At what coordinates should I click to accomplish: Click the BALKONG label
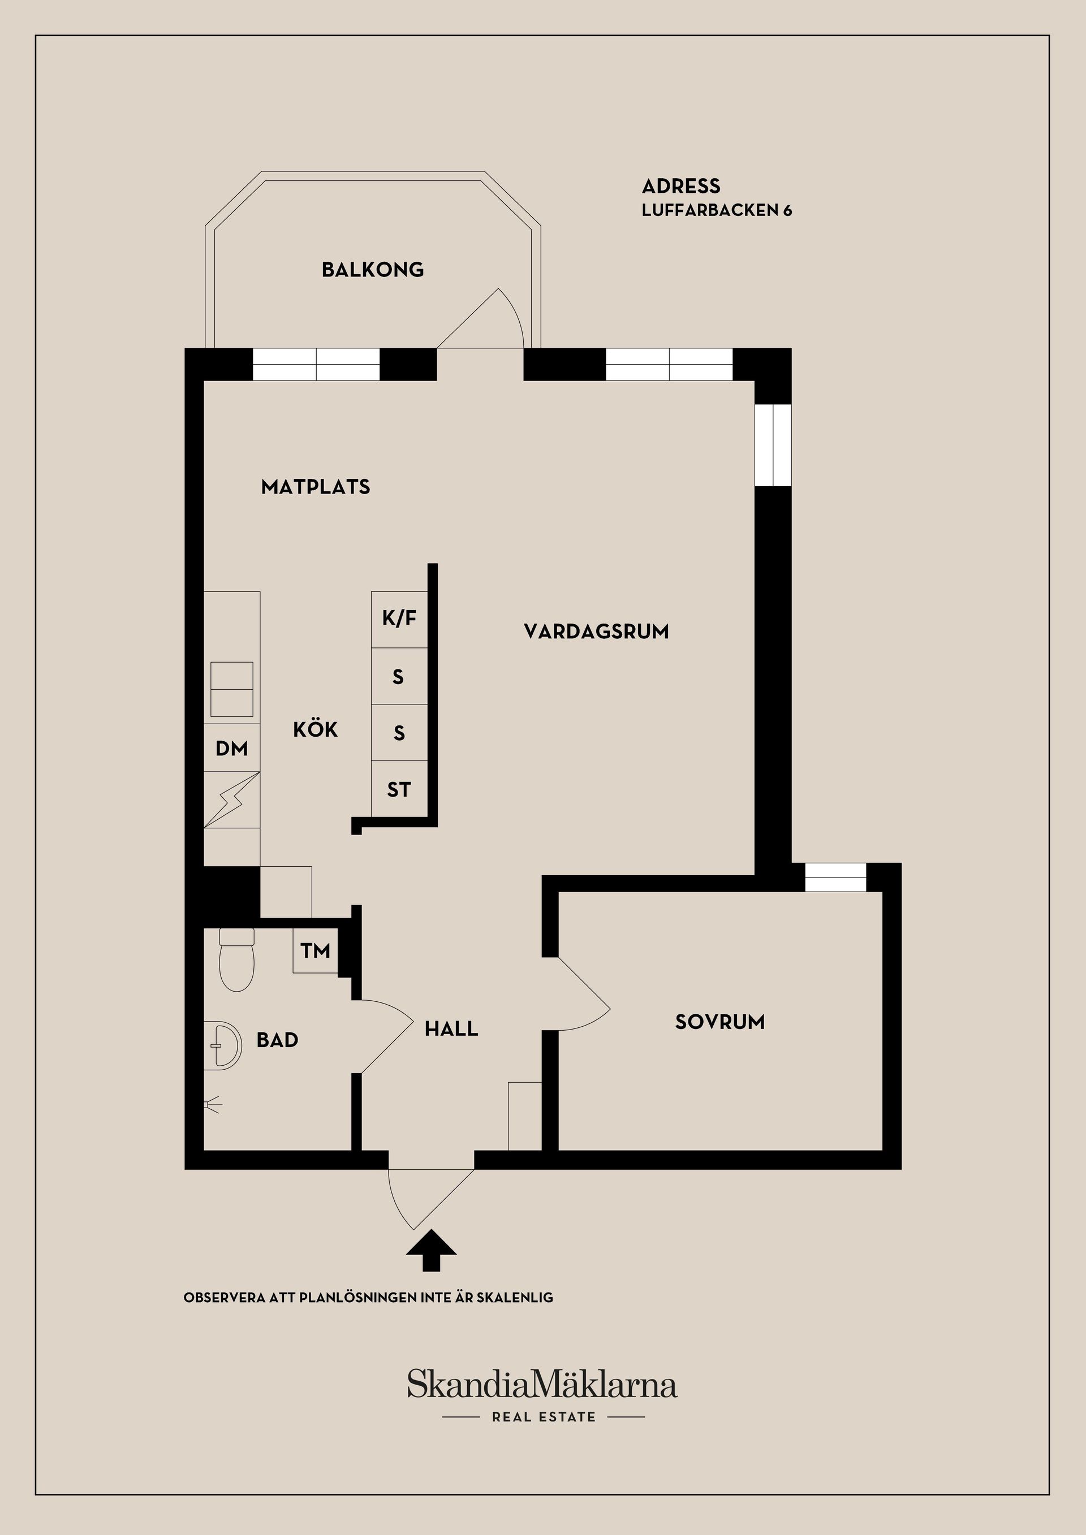[373, 270]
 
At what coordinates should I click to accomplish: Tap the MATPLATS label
[316, 487]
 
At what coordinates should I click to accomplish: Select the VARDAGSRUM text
[596, 631]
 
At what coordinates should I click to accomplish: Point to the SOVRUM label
[719, 1022]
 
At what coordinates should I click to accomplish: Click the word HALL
[451, 1028]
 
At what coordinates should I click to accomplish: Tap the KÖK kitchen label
[316, 729]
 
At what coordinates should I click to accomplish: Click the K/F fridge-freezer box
[399, 619]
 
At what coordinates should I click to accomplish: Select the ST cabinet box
[399, 790]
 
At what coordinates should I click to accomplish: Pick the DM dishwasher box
[231, 748]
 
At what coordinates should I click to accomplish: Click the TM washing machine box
[315, 950]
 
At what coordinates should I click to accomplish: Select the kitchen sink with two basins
[231, 689]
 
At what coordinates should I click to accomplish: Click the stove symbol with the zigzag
[231, 799]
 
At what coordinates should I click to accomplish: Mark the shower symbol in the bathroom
[213, 1105]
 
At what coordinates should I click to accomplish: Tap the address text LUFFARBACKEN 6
[717, 210]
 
